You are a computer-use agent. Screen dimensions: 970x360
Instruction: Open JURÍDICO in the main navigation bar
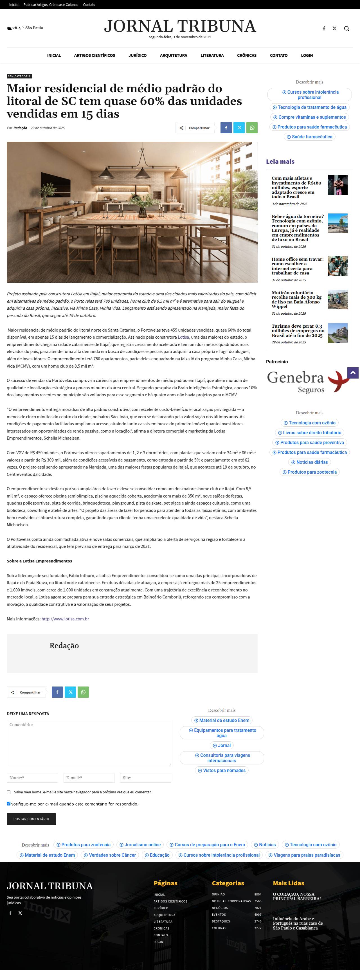(138, 55)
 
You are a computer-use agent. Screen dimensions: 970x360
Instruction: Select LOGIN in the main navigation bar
(307, 55)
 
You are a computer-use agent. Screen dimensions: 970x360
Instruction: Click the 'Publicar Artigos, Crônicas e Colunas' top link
(51, 4)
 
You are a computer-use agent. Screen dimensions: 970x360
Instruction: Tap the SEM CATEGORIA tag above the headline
(19, 76)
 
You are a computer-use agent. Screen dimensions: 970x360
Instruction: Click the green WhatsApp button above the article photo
(252, 128)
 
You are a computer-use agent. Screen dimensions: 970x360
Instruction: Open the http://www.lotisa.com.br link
(65, 619)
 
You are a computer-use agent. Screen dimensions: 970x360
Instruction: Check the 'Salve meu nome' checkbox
(9, 792)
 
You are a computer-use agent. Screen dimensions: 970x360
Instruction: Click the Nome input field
(32, 778)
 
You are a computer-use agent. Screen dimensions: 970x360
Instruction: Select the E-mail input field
(89, 778)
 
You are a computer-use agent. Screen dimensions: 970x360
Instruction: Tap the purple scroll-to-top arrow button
(353, 373)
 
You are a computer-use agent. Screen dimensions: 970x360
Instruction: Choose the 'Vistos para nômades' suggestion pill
(222, 770)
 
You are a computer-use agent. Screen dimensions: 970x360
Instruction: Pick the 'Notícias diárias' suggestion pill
(310, 462)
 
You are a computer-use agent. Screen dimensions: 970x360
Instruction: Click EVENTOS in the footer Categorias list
(219, 915)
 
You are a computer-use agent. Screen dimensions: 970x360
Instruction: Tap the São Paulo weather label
(34, 28)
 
